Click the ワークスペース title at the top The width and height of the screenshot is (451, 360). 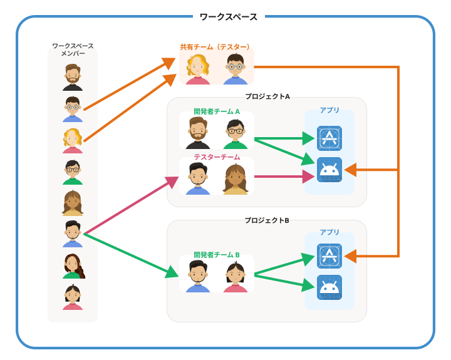[228, 17]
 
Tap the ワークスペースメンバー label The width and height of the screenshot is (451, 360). [73, 49]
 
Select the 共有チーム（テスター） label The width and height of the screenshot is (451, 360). [216, 47]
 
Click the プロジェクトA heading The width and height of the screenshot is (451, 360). [267, 96]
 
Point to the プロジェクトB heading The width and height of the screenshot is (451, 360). [267, 220]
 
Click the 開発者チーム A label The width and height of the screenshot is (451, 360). [217, 111]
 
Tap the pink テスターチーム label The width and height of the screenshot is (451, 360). [217, 157]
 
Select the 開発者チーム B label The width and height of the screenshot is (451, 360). [217, 255]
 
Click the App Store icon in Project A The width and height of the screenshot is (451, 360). [329, 138]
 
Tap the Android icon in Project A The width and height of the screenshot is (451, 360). [329, 170]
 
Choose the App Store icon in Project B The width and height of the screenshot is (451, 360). [329, 256]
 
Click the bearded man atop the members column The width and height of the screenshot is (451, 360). [73, 78]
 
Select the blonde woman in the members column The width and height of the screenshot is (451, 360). [73, 141]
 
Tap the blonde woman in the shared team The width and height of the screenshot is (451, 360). [198, 69]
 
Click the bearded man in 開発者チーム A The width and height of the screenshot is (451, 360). [198, 133]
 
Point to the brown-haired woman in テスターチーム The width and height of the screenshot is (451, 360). [236, 179]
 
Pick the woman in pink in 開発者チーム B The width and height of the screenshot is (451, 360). [236, 277]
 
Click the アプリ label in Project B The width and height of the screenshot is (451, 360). [329, 232]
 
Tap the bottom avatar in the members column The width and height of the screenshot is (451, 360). [73, 297]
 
